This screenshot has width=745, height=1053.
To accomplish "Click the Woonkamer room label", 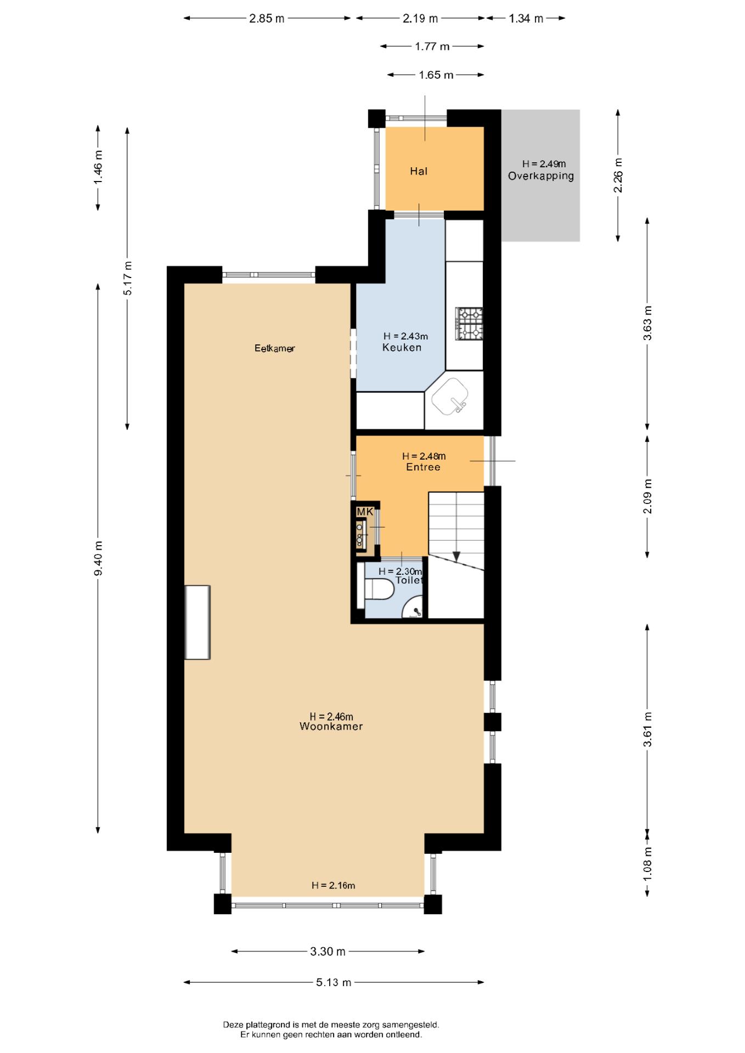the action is [331, 726].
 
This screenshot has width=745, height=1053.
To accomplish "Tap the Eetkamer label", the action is [274, 348].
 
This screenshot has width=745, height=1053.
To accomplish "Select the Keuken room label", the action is [402, 347].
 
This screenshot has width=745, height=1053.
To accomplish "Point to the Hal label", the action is [419, 171].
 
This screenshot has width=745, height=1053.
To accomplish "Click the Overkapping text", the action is [541, 176].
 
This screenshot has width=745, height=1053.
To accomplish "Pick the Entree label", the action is [423, 467].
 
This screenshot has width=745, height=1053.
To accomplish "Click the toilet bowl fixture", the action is [379, 590].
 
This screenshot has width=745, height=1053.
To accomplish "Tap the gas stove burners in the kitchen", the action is [469, 324].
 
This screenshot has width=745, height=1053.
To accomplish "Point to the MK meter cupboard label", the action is [365, 512].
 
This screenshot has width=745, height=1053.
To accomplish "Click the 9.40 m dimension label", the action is [98, 558].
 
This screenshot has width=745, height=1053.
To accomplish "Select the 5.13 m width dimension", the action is [334, 982].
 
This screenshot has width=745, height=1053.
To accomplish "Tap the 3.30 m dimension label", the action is [328, 952].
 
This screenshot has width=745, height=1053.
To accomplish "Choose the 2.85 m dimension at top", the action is [267, 18].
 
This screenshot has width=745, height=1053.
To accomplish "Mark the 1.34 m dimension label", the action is [526, 18].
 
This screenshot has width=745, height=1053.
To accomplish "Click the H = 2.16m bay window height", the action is [334, 885].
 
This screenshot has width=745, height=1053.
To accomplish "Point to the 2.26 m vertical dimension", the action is [618, 175].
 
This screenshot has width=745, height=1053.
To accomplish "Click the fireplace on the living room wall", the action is [197, 622].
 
